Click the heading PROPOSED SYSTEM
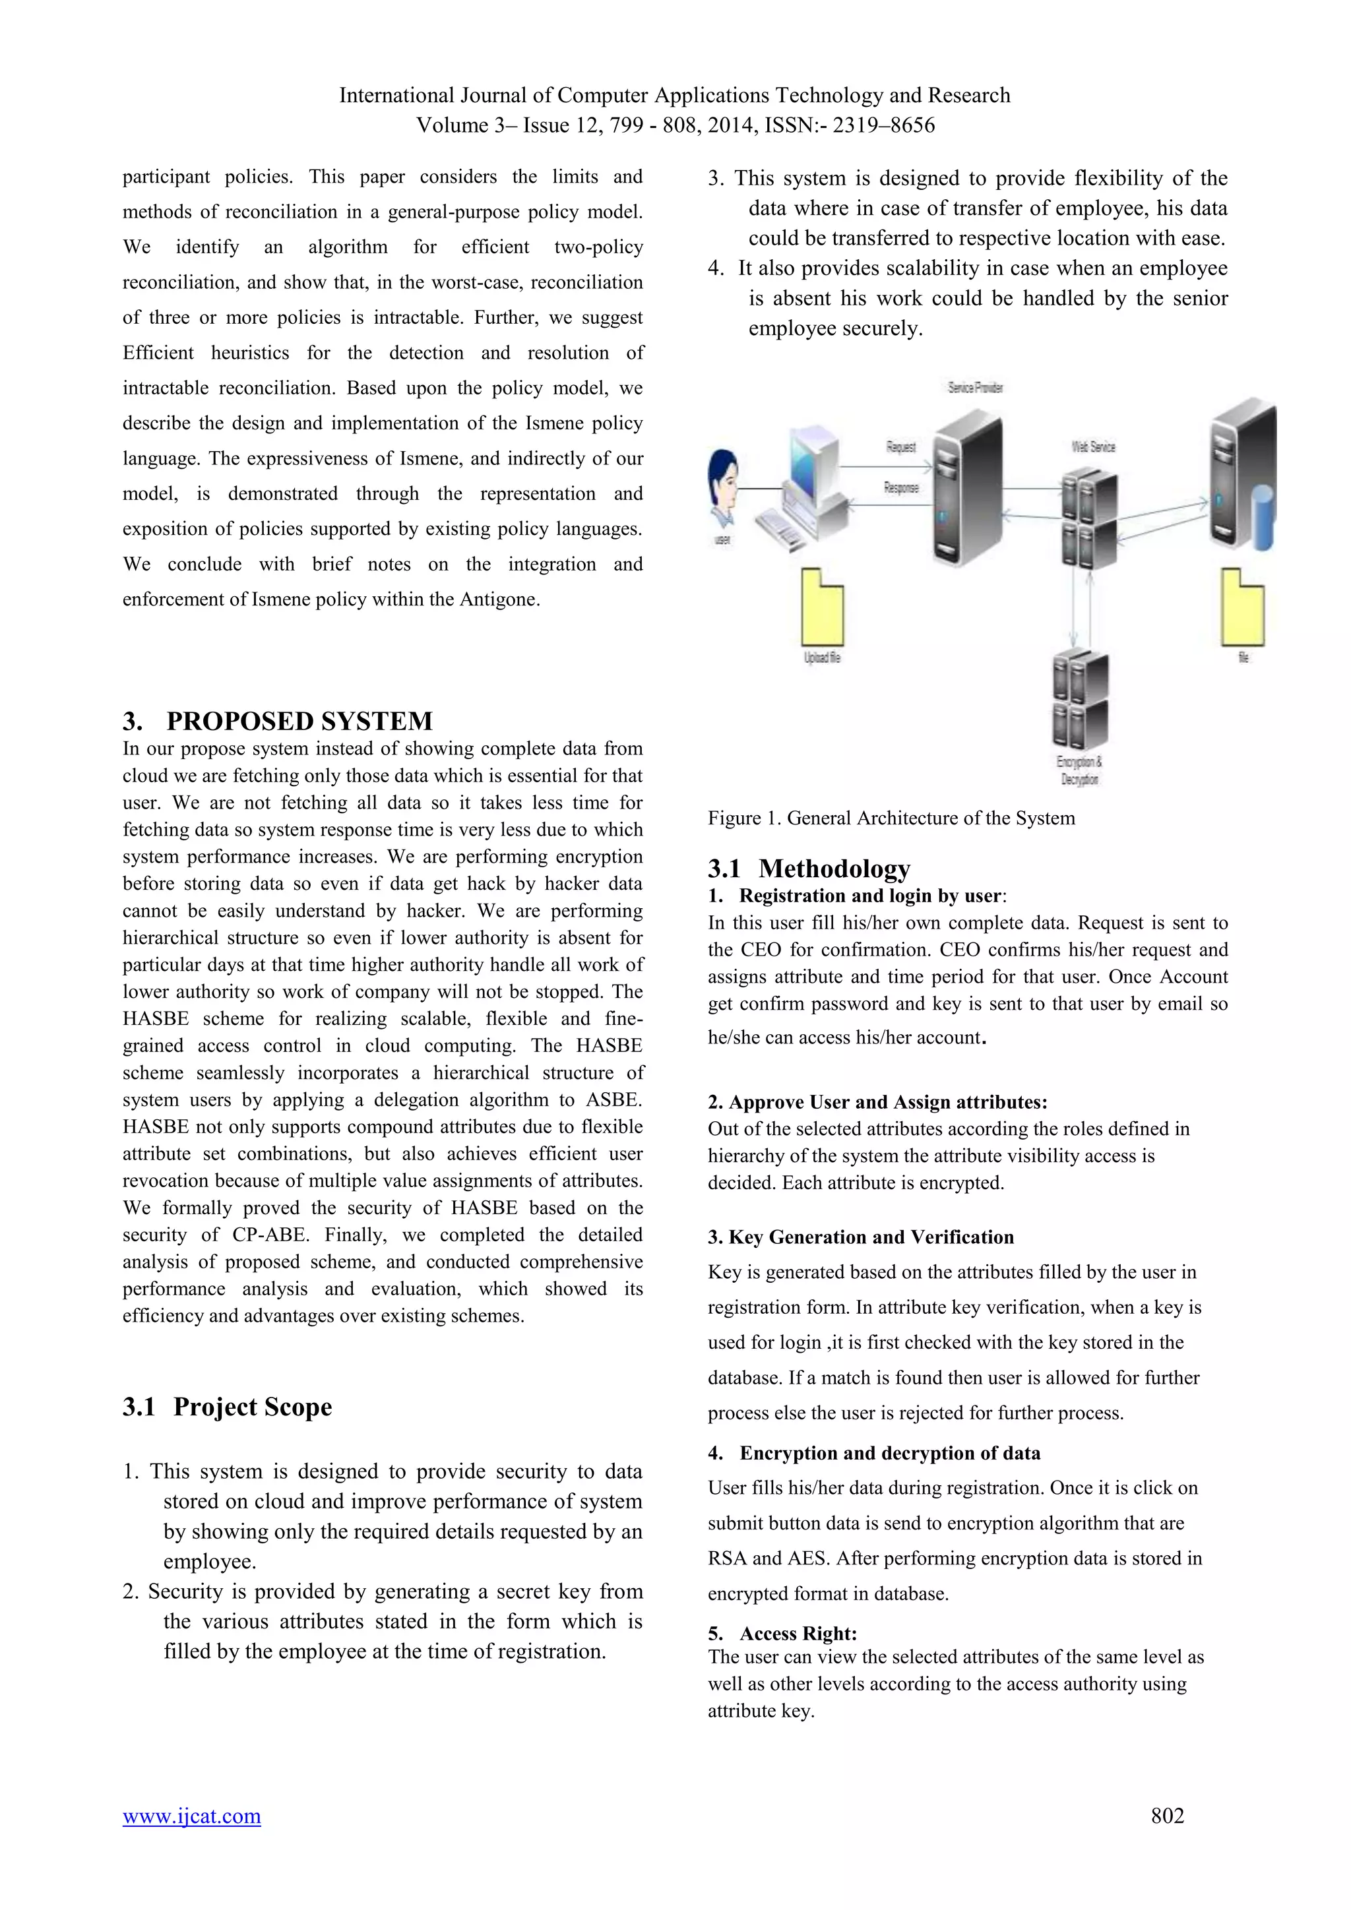(299, 720)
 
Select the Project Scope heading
(252, 1406)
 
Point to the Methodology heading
(834, 868)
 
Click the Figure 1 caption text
(891, 818)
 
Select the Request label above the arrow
(901, 447)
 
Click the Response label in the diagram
(901, 487)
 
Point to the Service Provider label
(975, 388)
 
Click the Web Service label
(1093, 447)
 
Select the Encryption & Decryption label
(1079, 770)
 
